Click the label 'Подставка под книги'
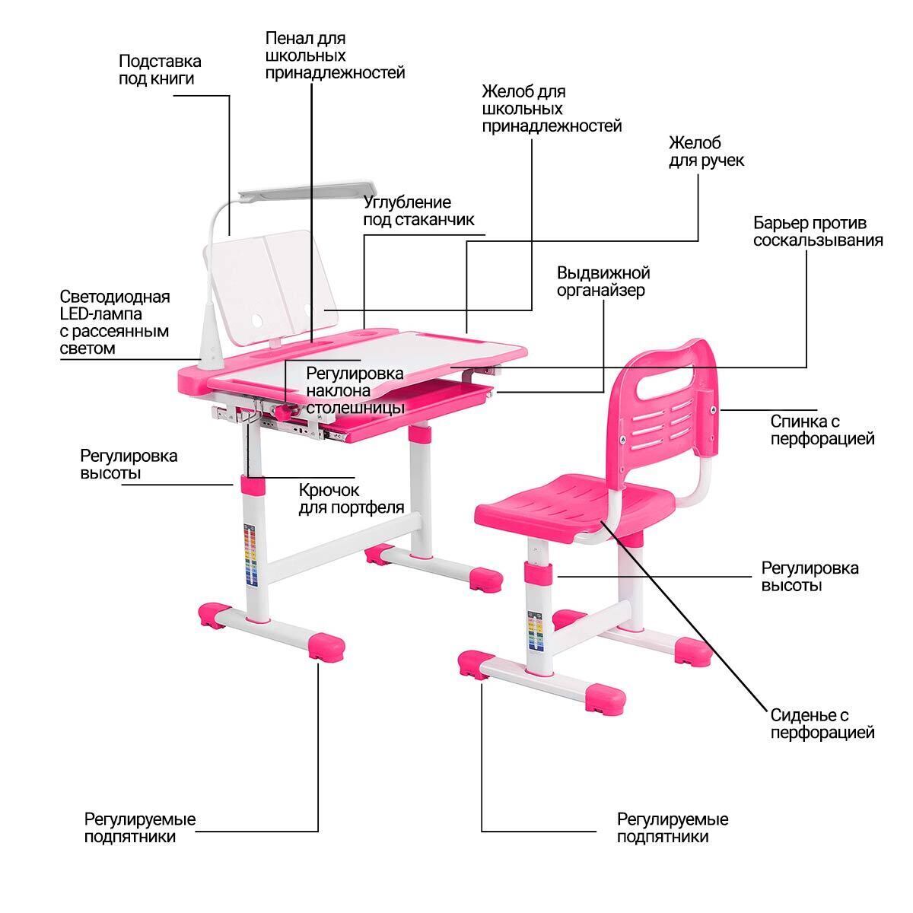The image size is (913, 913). click(x=160, y=69)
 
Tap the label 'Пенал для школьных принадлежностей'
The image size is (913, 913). click(x=335, y=55)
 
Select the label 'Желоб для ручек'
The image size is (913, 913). click(x=706, y=151)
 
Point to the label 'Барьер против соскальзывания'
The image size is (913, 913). click(x=818, y=231)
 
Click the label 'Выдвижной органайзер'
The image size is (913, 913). click(x=603, y=282)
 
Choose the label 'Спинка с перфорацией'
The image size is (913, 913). click(x=822, y=430)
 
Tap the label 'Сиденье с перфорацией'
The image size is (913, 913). click(x=822, y=724)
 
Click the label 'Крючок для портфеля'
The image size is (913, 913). click(x=351, y=498)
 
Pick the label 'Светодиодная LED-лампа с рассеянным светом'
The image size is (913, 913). click(x=114, y=322)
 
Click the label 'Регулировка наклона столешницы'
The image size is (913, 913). click(x=355, y=390)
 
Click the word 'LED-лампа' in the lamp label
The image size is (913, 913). click(x=100, y=313)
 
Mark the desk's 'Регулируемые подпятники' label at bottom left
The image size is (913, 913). click(x=140, y=828)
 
